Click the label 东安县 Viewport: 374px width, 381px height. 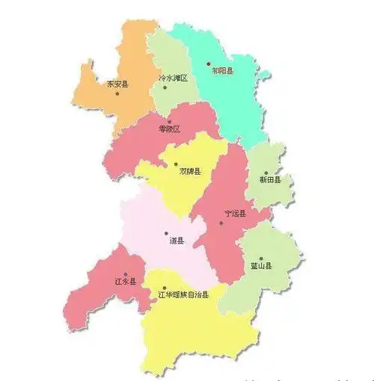(x=117, y=84)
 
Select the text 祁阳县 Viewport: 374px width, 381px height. (x=222, y=72)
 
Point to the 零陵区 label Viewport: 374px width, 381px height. (x=170, y=129)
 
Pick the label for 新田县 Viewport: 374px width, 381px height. (x=270, y=180)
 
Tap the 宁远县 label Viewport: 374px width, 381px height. (x=236, y=214)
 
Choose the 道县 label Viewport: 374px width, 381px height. (x=177, y=241)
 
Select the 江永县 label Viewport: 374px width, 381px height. (x=126, y=282)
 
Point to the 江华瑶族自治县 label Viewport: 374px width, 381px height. (x=184, y=294)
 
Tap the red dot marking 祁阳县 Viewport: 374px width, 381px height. (x=209, y=63)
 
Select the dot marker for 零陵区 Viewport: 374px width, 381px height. (x=170, y=121)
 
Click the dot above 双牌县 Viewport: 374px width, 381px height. (x=176, y=164)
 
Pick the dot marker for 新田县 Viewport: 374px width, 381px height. (x=265, y=173)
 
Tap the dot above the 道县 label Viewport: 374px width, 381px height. (x=166, y=233)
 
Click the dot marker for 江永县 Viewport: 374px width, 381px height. (x=126, y=273)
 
